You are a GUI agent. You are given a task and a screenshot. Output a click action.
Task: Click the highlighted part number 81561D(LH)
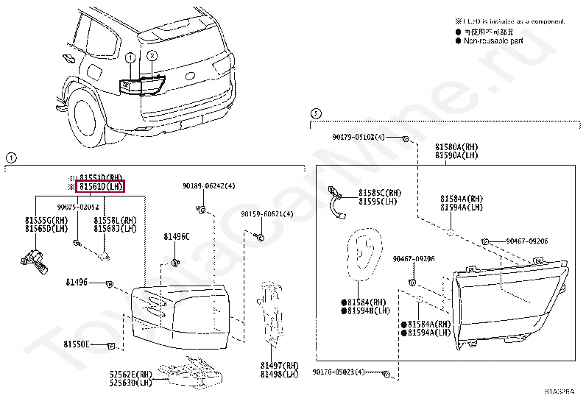101,188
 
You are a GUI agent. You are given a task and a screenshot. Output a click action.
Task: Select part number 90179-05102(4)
359,138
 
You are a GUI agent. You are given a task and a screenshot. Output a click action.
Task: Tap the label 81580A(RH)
456,147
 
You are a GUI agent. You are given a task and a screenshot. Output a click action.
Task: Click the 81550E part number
76,344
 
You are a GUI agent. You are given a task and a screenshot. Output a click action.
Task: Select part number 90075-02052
77,208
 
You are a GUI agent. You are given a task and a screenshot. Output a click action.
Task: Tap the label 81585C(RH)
380,193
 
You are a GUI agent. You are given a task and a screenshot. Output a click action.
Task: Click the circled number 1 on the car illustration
130,57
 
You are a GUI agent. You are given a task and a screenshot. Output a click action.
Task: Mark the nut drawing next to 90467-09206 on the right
486,241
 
